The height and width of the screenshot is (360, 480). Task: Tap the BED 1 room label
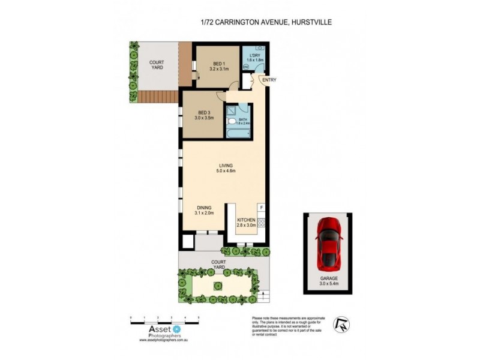(x=220, y=67)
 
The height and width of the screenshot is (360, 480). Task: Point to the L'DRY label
(x=254, y=58)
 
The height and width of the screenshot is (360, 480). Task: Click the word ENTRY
(x=267, y=79)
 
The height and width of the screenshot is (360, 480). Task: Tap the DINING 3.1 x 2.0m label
(x=205, y=211)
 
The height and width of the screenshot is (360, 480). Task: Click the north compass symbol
(x=341, y=325)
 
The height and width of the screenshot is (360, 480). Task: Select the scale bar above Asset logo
(x=164, y=317)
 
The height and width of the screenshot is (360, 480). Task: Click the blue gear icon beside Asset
(x=176, y=329)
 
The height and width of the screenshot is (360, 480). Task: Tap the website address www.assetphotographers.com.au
(x=164, y=340)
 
